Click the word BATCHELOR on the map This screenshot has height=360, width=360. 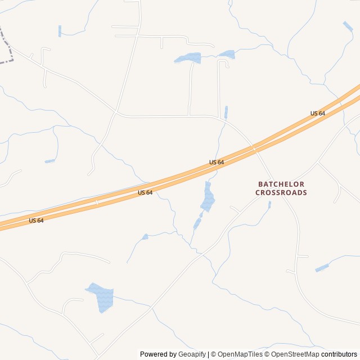point(281,184)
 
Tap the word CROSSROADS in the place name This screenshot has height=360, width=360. point(281,192)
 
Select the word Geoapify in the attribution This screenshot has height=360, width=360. point(192,354)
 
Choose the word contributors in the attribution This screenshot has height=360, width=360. point(339,354)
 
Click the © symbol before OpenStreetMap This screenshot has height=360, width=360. point(267,354)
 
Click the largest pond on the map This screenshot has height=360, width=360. point(101,297)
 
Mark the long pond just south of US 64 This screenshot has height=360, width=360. point(208,198)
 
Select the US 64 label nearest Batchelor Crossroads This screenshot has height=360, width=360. point(217,162)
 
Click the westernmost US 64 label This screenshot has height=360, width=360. point(36,220)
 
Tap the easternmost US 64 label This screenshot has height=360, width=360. point(318,113)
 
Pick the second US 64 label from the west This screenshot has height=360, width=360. point(145,192)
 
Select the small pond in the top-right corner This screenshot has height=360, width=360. point(348,26)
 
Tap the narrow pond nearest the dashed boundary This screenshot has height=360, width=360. point(60,31)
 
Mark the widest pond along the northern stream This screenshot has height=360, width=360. point(188,58)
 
